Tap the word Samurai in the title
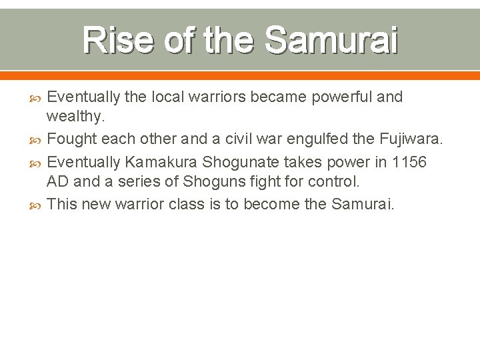pos(331,41)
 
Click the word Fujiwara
pos(411,139)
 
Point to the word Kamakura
pos(162,161)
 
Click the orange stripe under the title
pos(240,75)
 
